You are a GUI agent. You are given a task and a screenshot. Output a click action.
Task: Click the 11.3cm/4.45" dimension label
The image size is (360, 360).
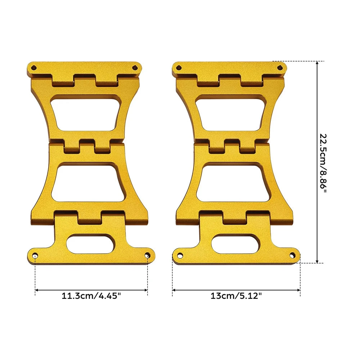(91, 296)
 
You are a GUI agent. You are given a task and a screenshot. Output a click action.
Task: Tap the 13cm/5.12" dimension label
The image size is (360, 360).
(236, 296)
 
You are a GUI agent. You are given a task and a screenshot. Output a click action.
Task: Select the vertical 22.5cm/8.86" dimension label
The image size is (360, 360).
(323, 164)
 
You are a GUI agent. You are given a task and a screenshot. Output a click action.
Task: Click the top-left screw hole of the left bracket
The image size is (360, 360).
(34, 68)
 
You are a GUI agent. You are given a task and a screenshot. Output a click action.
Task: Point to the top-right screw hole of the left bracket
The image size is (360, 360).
(135, 68)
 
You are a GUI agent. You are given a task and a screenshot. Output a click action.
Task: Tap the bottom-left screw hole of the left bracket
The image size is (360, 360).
(35, 256)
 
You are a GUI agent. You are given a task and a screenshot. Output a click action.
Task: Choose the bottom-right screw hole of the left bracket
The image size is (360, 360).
(147, 255)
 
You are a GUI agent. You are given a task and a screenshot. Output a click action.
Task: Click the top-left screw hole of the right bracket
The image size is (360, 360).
(179, 68)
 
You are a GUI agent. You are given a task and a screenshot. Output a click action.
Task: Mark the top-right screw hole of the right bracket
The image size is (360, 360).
(280, 68)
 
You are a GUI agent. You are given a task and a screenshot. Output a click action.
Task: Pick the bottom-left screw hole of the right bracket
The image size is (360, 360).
(180, 255)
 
